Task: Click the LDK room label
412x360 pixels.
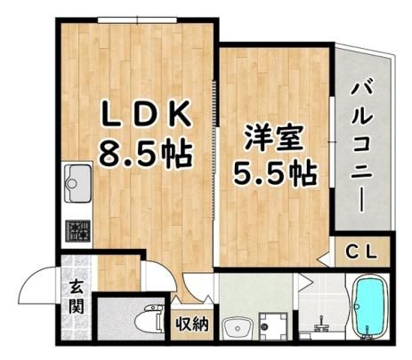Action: (146, 115)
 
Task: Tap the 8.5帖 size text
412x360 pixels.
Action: (146, 153)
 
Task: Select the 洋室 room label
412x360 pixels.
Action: (273, 139)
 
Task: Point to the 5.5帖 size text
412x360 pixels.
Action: (275, 173)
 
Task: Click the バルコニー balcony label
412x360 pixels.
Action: (362, 148)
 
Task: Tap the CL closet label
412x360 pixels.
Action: (362, 252)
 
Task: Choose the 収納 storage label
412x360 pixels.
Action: (193, 324)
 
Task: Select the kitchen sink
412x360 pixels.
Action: (77, 183)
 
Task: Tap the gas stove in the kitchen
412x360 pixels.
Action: (78, 231)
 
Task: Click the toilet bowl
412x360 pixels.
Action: (149, 319)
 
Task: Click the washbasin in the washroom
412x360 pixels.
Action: (238, 328)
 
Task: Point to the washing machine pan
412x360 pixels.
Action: (273, 325)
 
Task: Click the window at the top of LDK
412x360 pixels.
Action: (138, 20)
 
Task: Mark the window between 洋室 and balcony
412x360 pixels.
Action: (332, 142)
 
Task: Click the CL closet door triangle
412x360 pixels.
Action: (323, 259)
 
